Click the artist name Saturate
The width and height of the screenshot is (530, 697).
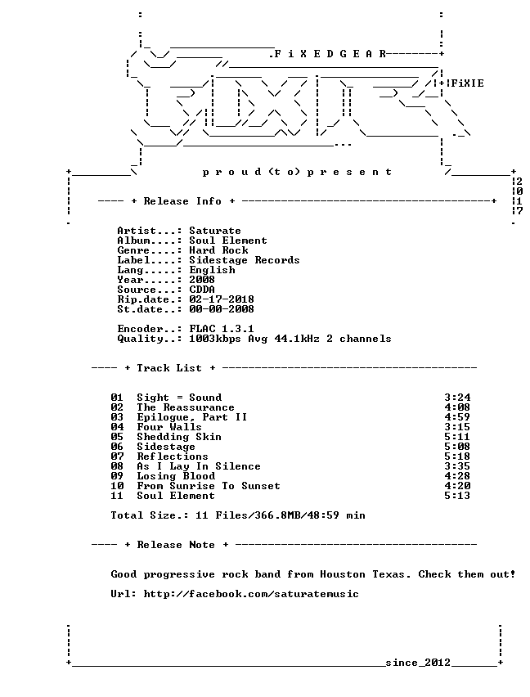(x=215, y=231)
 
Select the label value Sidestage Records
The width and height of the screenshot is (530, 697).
(x=245, y=260)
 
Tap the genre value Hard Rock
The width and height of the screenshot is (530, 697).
(x=218, y=250)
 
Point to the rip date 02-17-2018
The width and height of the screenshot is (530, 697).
(x=222, y=299)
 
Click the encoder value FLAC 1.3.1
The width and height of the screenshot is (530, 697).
(x=222, y=329)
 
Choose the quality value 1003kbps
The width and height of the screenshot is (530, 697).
(x=215, y=339)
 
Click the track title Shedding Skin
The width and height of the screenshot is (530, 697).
(x=179, y=437)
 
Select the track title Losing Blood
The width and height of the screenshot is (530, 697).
(x=176, y=476)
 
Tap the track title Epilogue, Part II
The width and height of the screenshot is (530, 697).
(x=192, y=417)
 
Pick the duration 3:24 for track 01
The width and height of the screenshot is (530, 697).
(x=457, y=398)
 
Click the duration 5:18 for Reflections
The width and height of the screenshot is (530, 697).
(x=457, y=456)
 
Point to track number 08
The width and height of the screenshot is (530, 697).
(x=117, y=466)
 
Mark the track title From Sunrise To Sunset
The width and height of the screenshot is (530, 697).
(x=209, y=486)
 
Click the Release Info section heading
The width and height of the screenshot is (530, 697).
(x=182, y=201)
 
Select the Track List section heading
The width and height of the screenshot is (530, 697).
(x=169, y=368)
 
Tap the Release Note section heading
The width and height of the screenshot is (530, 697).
(x=176, y=545)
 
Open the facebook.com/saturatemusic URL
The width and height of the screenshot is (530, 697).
(x=251, y=594)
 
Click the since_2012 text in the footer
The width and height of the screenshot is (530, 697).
(x=418, y=663)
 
